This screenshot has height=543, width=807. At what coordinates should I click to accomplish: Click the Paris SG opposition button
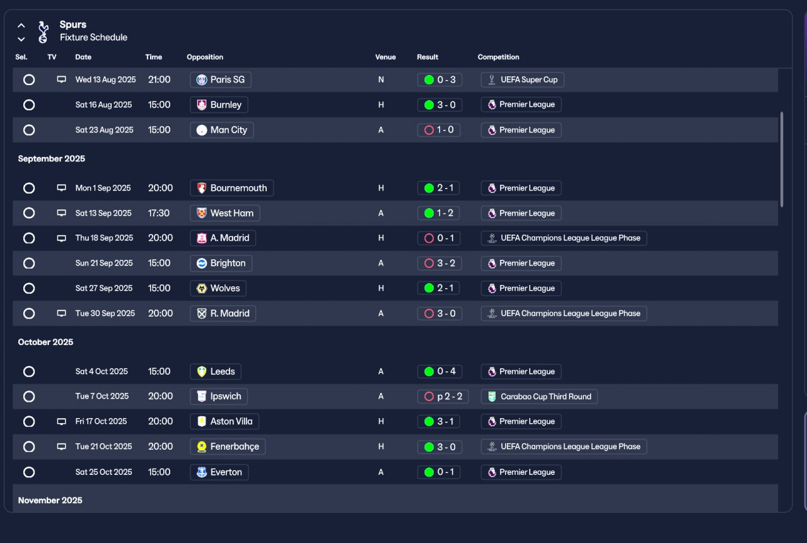(x=220, y=79)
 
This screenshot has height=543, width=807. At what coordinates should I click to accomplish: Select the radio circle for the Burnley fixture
(x=29, y=105)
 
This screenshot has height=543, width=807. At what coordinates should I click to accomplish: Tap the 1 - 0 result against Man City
(x=439, y=130)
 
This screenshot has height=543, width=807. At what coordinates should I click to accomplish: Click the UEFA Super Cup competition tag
(x=522, y=79)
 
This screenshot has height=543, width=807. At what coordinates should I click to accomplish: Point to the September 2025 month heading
(x=52, y=159)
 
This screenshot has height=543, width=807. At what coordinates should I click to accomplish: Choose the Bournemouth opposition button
(x=231, y=188)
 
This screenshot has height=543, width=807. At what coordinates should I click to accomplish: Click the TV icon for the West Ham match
(x=62, y=213)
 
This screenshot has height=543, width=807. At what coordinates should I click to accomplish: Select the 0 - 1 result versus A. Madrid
(x=439, y=238)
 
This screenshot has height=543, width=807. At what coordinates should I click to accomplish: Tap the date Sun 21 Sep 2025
(x=104, y=263)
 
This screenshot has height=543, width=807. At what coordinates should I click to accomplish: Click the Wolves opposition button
(x=218, y=288)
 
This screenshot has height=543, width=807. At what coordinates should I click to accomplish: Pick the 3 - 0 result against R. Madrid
(x=439, y=313)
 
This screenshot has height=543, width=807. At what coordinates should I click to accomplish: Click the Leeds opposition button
(x=216, y=371)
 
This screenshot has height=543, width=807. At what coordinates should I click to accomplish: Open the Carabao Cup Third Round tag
(x=539, y=397)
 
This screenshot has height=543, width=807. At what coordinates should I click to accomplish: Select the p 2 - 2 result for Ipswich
(x=443, y=397)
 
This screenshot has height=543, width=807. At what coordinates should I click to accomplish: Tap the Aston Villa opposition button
(x=224, y=421)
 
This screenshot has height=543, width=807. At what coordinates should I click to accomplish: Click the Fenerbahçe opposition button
(x=228, y=447)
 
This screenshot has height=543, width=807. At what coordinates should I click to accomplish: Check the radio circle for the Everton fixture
(x=29, y=472)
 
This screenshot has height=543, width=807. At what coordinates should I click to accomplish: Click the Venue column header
(x=385, y=57)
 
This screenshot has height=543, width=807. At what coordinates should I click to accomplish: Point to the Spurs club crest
(x=42, y=32)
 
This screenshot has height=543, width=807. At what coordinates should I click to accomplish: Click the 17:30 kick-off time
(x=159, y=213)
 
